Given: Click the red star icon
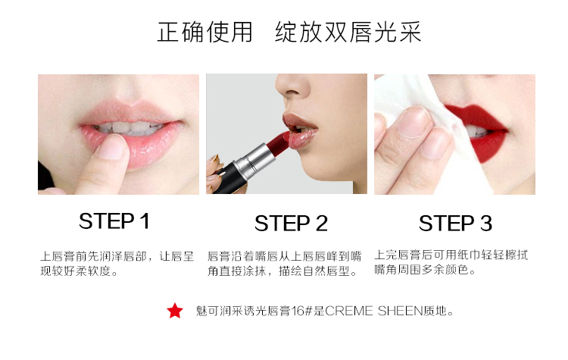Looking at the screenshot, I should (x=175, y=311).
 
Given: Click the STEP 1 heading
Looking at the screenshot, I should (x=114, y=221).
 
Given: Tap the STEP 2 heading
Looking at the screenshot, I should (x=291, y=224).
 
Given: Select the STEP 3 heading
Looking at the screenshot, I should (x=455, y=224).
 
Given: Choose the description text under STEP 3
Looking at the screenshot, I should (x=451, y=262).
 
